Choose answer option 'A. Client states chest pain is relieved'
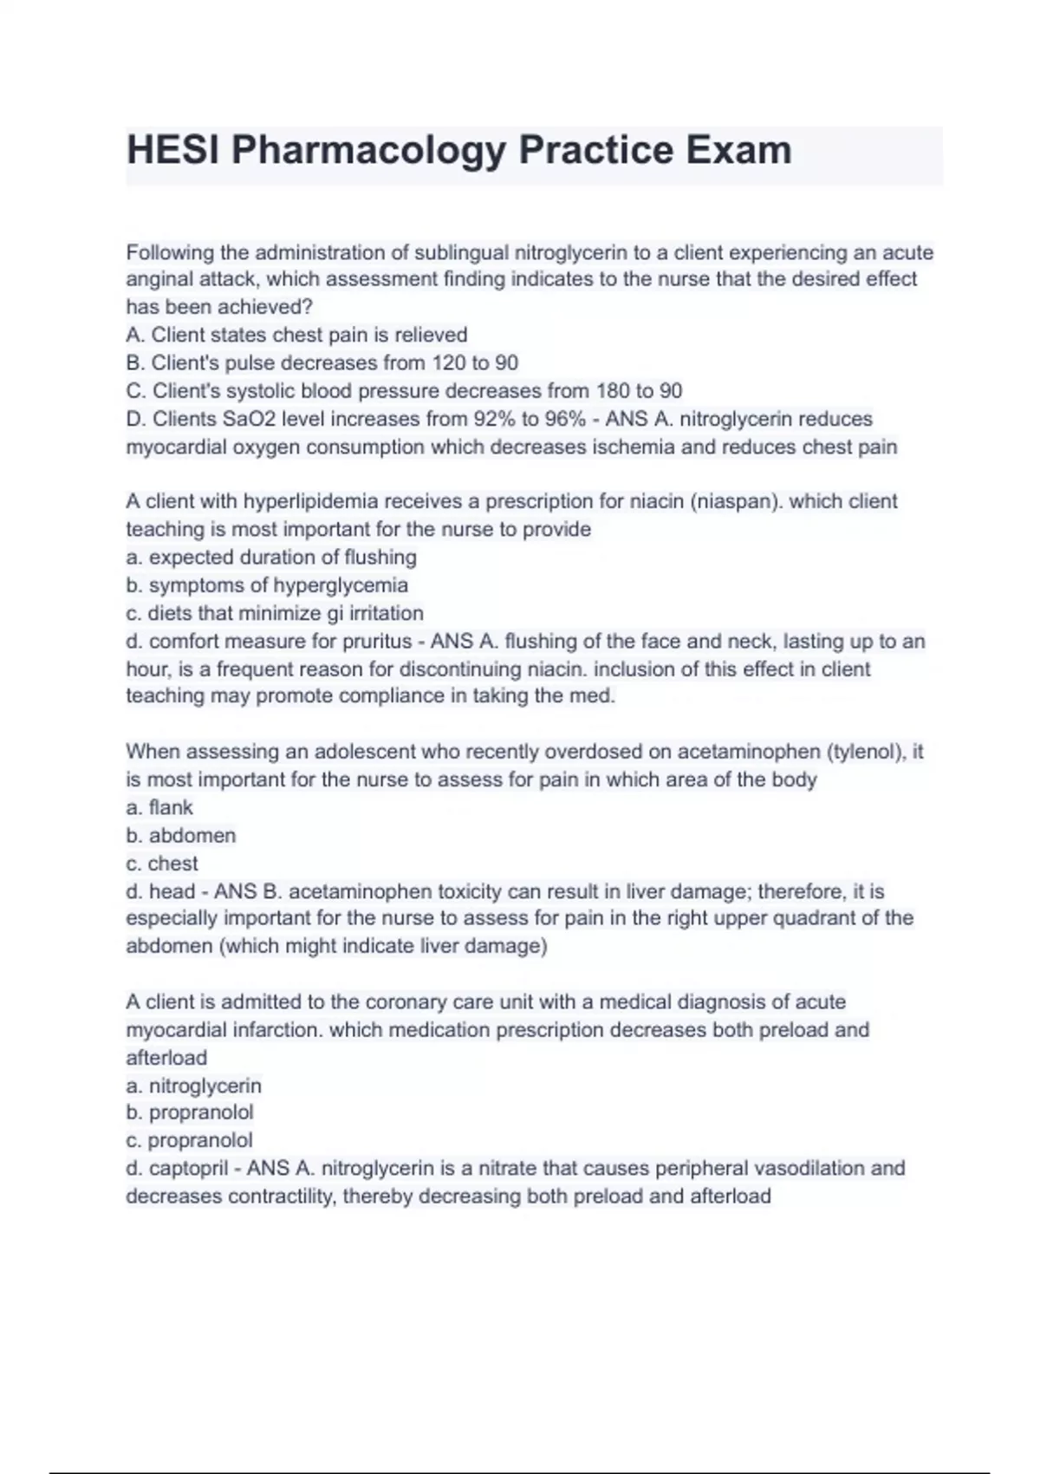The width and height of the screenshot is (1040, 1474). [x=296, y=336]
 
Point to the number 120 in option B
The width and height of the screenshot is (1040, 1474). [x=448, y=363]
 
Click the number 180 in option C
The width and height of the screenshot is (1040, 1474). [x=613, y=391]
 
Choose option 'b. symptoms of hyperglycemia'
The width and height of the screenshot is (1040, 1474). [x=267, y=585]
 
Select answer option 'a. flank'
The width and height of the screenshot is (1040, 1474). [x=159, y=808]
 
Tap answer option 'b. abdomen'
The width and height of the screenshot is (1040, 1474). [x=180, y=836]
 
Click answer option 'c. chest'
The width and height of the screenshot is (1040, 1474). [x=162, y=864]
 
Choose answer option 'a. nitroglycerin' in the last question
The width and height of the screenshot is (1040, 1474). [x=193, y=1086]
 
